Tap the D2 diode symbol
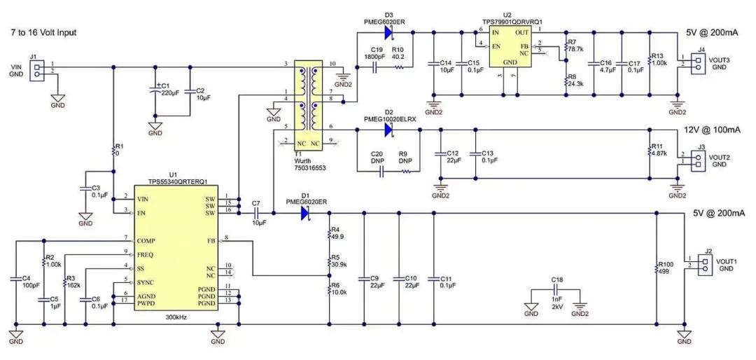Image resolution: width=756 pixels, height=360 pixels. (x=387, y=127)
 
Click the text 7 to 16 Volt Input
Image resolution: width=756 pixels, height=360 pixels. (x=43, y=33)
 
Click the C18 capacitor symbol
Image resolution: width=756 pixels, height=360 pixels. (x=554, y=289)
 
